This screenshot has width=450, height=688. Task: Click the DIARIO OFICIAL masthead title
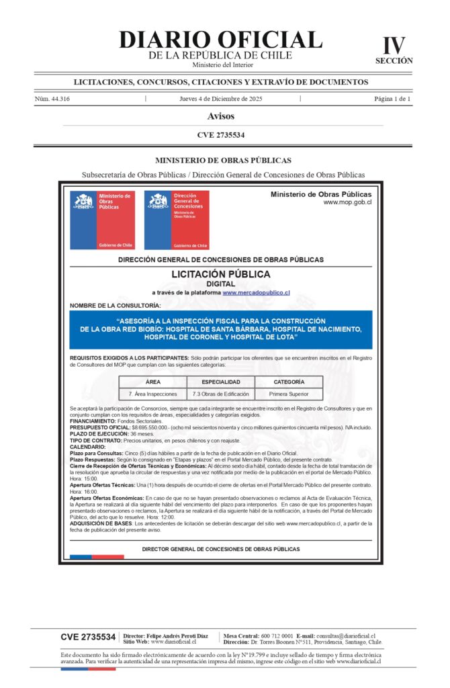tap(220, 40)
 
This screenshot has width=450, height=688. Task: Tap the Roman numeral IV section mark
tap(394, 45)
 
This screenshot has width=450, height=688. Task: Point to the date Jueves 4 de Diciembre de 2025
tap(220, 99)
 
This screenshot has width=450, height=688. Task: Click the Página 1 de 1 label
tap(392, 99)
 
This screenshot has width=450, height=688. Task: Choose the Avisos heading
tap(221, 116)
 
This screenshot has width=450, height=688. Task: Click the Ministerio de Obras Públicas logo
tap(102, 220)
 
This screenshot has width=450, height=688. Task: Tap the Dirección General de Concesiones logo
tap(176, 220)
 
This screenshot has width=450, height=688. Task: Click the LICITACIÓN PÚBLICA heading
tap(221, 274)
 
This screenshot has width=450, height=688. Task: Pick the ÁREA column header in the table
tap(152, 382)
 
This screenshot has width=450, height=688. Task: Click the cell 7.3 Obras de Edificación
tap(220, 394)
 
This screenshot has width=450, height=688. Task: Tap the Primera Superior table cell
tap(289, 394)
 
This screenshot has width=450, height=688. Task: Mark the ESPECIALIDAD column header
tap(220, 382)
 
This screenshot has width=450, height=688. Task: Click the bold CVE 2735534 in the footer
tap(88, 637)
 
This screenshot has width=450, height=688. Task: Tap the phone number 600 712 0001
tap(277, 636)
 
